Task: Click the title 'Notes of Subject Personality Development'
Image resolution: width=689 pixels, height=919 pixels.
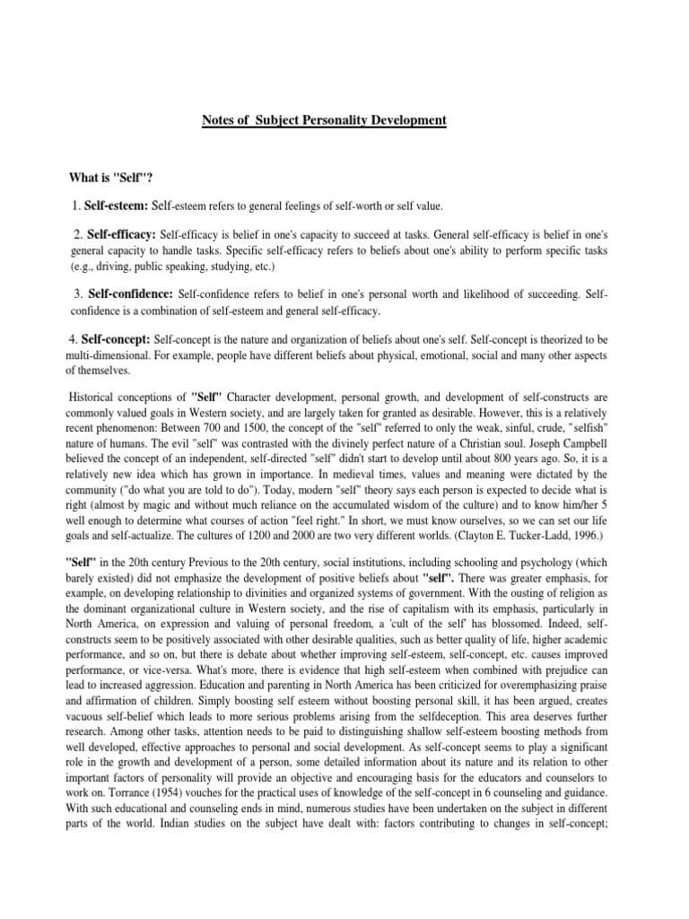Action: click(x=324, y=119)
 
